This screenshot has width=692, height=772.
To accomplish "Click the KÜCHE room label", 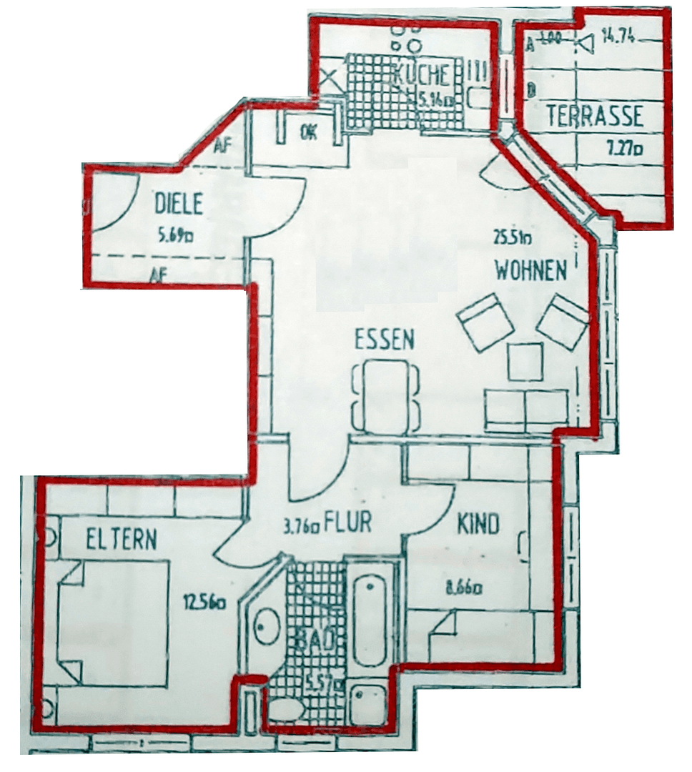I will click(422, 74).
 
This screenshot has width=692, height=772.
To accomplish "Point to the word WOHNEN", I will click(531, 270).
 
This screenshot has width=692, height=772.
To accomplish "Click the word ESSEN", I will click(385, 340).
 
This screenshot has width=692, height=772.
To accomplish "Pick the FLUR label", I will click(348, 523).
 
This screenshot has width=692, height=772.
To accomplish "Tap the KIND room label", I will click(478, 525).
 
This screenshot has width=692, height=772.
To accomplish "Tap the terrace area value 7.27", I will click(620, 149).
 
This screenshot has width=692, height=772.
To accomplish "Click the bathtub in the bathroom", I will click(370, 614).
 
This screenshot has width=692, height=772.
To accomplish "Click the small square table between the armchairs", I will click(525, 362).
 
